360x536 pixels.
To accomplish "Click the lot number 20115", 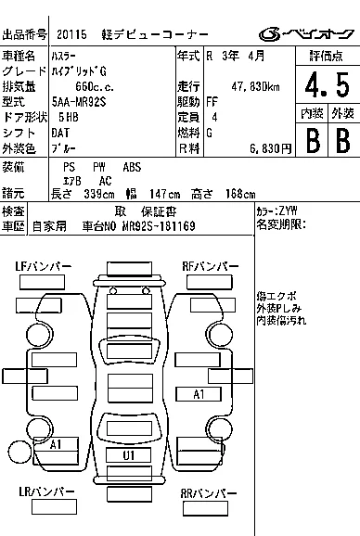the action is pyautogui.click(x=71, y=34).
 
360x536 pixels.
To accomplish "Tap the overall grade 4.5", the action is pyautogui.click(x=328, y=84).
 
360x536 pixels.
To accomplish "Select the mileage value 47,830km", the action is pyautogui.click(x=255, y=87).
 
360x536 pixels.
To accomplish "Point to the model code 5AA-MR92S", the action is pyautogui.click(x=79, y=102).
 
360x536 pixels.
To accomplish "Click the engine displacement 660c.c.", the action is pyautogui.click(x=95, y=87).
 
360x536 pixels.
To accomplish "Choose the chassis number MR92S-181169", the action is pyautogui.click(x=159, y=226).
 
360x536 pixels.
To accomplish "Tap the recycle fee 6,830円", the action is pyautogui.click(x=270, y=148).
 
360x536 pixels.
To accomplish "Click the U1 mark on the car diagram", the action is pyautogui.click(x=129, y=455).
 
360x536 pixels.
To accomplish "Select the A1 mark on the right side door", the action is pyautogui.click(x=199, y=394).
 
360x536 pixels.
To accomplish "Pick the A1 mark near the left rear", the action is pyautogui.click(x=56, y=444).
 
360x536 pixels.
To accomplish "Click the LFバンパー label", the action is pyautogui.click(x=43, y=266).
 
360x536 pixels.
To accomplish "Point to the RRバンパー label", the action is pyautogui.click(x=209, y=493).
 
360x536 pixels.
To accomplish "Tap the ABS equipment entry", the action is pyautogui.click(x=132, y=167).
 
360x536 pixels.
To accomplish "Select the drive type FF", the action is pyautogui.click(x=212, y=102).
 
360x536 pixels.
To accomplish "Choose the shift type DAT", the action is pyautogui.click(x=60, y=133).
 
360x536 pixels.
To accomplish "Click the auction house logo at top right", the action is pyautogui.click(x=306, y=34).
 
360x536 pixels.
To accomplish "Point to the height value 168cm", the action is pyautogui.click(x=240, y=194).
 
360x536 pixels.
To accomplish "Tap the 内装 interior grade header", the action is pyautogui.click(x=312, y=113).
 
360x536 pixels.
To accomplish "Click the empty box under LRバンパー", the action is pyautogui.click(x=54, y=506).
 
